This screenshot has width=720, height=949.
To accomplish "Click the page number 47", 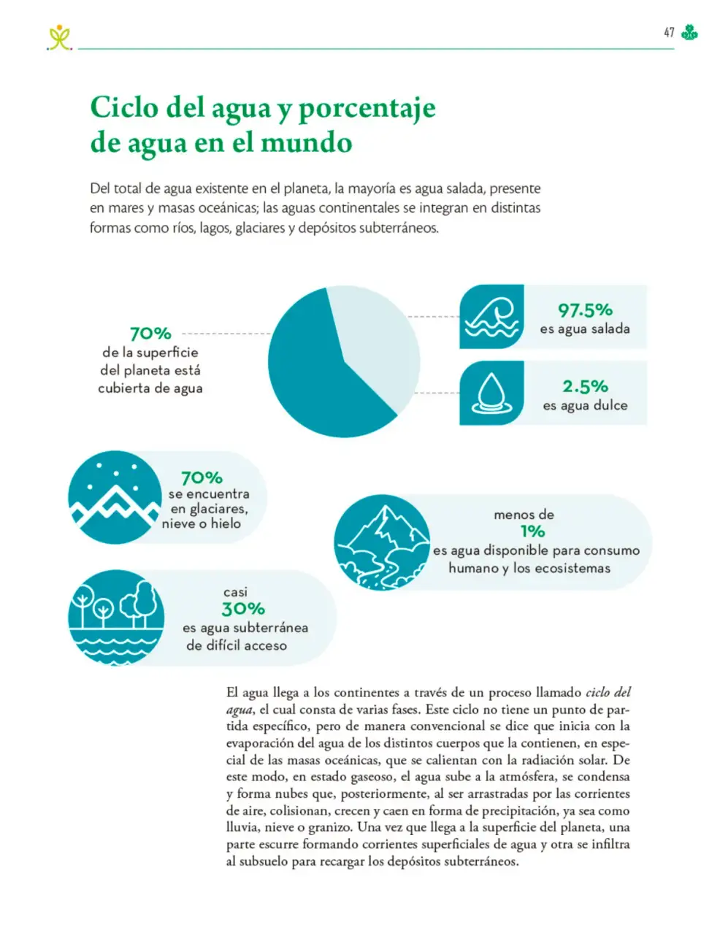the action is (x=669, y=32).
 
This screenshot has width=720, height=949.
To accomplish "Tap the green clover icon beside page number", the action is (x=689, y=32).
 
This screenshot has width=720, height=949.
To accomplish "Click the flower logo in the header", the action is (x=59, y=37).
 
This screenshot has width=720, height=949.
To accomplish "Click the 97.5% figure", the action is (x=585, y=310).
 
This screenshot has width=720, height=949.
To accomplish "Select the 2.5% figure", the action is (x=585, y=386).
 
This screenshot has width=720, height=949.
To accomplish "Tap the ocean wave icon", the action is (x=491, y=316).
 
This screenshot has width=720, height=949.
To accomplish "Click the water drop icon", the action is (x=491, y=393).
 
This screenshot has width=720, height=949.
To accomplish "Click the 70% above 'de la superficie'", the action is (x=150, y=334).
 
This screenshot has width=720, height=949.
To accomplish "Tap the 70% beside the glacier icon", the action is (x=202, y=477).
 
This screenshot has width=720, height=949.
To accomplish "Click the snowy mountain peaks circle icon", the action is (x=115, y=497).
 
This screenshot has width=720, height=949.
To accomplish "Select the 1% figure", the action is (x=532, y=531).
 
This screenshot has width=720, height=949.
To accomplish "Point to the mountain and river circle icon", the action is (x=382, y=542).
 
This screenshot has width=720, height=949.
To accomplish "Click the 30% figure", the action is (x=243, y=609).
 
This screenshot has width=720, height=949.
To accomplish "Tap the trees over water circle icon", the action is (x=116, y=618).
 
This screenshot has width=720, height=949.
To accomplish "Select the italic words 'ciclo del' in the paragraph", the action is (x=608, y=692).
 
